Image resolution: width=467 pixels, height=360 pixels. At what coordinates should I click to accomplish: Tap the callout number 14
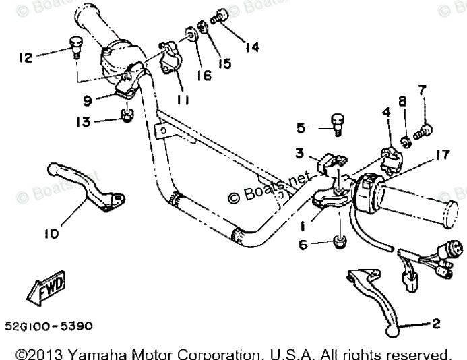point(252,47)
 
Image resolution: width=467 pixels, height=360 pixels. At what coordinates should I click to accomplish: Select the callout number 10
point(51,234)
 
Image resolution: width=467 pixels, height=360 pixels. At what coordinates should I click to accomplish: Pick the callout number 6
point(304,245)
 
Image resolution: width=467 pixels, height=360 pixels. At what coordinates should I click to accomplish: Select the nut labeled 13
point(125,117)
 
